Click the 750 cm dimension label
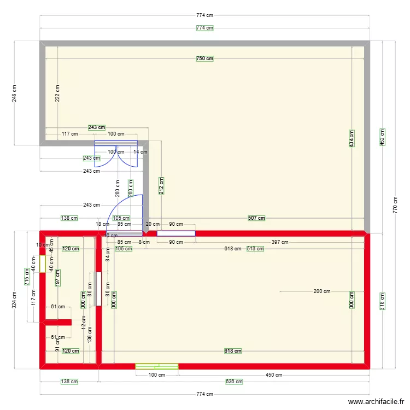point(205,58)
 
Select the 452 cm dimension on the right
point(382,137)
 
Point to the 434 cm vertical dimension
point(352,138)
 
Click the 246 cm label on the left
point(15,93)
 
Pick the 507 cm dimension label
point(256,218)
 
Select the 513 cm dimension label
point(255,249)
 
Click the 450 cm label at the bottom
point(274,375)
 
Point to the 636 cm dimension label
point(235,382)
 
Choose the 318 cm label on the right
point(382,301)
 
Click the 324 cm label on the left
point(15,300)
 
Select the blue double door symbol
point(116,154)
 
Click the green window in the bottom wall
point(157,366)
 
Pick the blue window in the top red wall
point(176,233)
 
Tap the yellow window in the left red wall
point(42,265)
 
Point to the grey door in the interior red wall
point(98,289)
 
